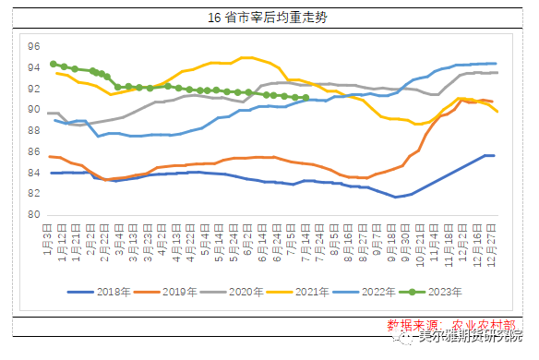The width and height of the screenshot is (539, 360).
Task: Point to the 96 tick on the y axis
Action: point(34,46)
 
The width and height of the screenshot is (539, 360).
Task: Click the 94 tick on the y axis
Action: point(34,67)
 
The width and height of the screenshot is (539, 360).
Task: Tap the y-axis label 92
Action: point(34,89)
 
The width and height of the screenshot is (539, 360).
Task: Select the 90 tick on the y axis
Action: point(34,110)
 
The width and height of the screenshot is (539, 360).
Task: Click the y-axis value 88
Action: point(34,131)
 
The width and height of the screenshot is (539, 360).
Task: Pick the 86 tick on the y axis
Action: point(34,152)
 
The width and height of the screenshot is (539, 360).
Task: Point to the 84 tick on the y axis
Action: point(34,174)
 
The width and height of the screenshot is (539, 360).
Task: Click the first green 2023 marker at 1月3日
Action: point(53,65)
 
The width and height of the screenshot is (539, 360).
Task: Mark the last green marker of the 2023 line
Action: point(305,97)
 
